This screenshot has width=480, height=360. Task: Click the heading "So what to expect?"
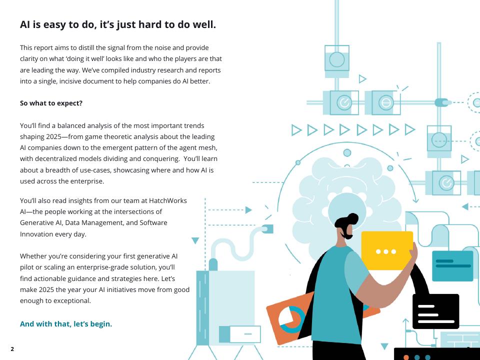tap(51, 103)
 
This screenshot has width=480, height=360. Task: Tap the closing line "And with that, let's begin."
tap(66, 324)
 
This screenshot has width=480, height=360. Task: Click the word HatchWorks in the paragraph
tap(168, 200)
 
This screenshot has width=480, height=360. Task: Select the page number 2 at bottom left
tap(12, 349)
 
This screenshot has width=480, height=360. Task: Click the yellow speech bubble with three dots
tap(387, 250)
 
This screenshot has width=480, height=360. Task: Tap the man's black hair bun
tap(353, 218)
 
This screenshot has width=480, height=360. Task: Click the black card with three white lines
tap(435, 311)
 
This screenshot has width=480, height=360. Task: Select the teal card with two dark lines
tap(452, 265)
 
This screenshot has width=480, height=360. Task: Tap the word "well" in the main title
tap(204, 24)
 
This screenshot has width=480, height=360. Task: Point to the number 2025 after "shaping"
tap(54, 136)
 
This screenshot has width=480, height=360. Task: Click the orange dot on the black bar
tap(406, 357)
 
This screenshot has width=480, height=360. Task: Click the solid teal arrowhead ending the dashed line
tap(248, 210)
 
